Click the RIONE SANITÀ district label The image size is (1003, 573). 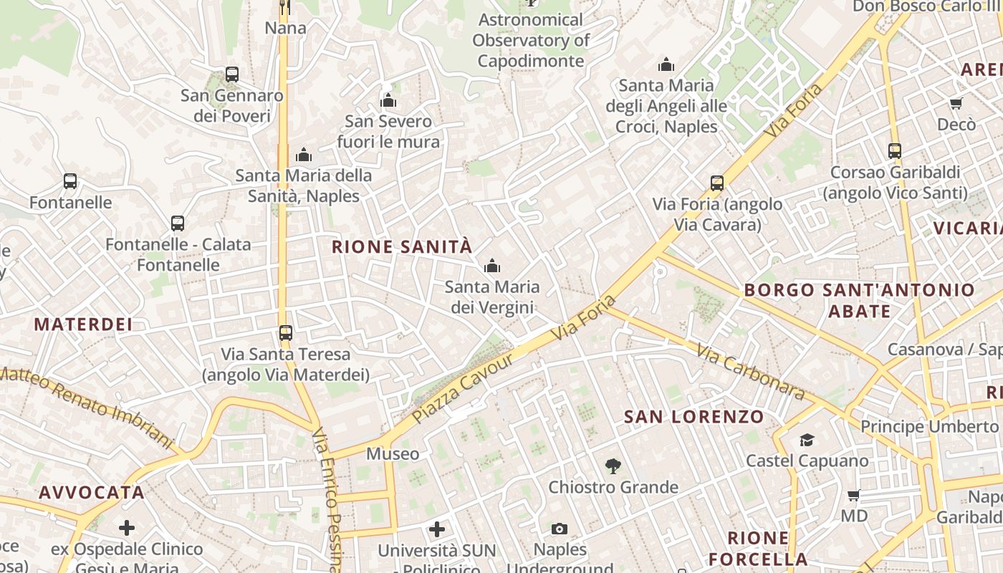point(402,247)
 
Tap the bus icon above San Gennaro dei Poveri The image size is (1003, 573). point(231,74)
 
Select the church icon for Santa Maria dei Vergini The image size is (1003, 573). point(491,266)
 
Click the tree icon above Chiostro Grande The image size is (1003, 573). point(613,467)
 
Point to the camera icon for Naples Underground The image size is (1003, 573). point(560,529)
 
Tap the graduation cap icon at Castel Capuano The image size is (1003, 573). point(807,440)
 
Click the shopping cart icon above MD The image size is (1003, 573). point(853,495)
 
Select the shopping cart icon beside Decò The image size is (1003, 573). point(956,104)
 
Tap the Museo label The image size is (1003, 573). point(393,453)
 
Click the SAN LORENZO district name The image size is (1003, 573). point(694,417)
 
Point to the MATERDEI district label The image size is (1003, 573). point(83,324)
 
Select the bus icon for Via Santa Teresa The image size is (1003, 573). point(286,332)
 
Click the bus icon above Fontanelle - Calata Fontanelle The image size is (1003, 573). point(178,223)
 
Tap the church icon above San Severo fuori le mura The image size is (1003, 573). point(388,100)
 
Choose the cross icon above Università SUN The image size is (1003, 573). point(437,529)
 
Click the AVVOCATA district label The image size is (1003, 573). point(92,493)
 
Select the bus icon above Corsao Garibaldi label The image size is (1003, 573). point(895,151)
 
